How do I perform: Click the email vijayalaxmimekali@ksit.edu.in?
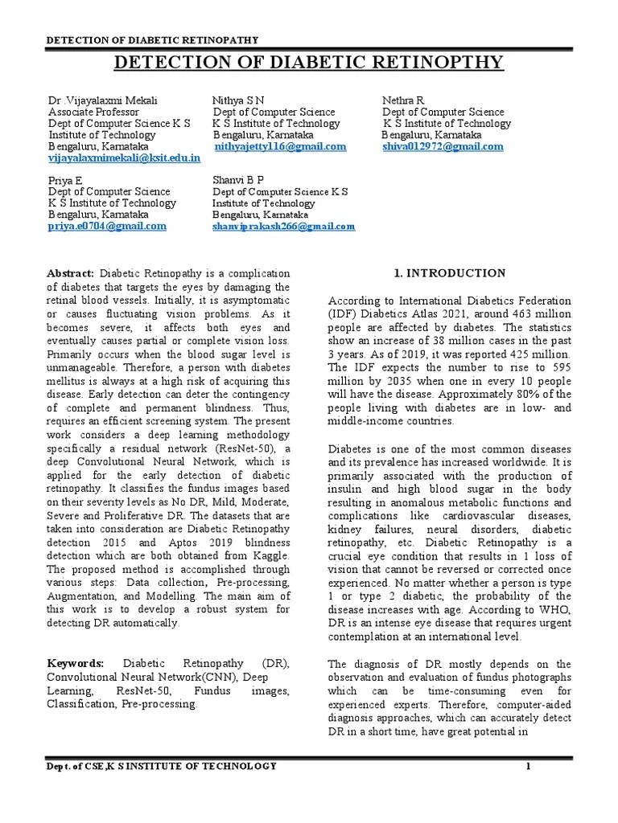point(124,159)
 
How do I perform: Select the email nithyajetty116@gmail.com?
point(280,147)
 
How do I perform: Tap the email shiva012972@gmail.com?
point(443,147)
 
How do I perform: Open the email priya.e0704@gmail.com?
point(107,227)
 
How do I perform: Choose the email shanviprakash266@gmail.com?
point(283,227)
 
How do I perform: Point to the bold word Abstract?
point(72,274)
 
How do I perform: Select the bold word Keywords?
point(76,662)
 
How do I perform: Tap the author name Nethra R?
point(403,100)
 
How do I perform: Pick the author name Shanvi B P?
point(238,179)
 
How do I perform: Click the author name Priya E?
point(66,180)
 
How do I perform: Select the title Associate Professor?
point(93,113)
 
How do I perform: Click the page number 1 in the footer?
point(528,766)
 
